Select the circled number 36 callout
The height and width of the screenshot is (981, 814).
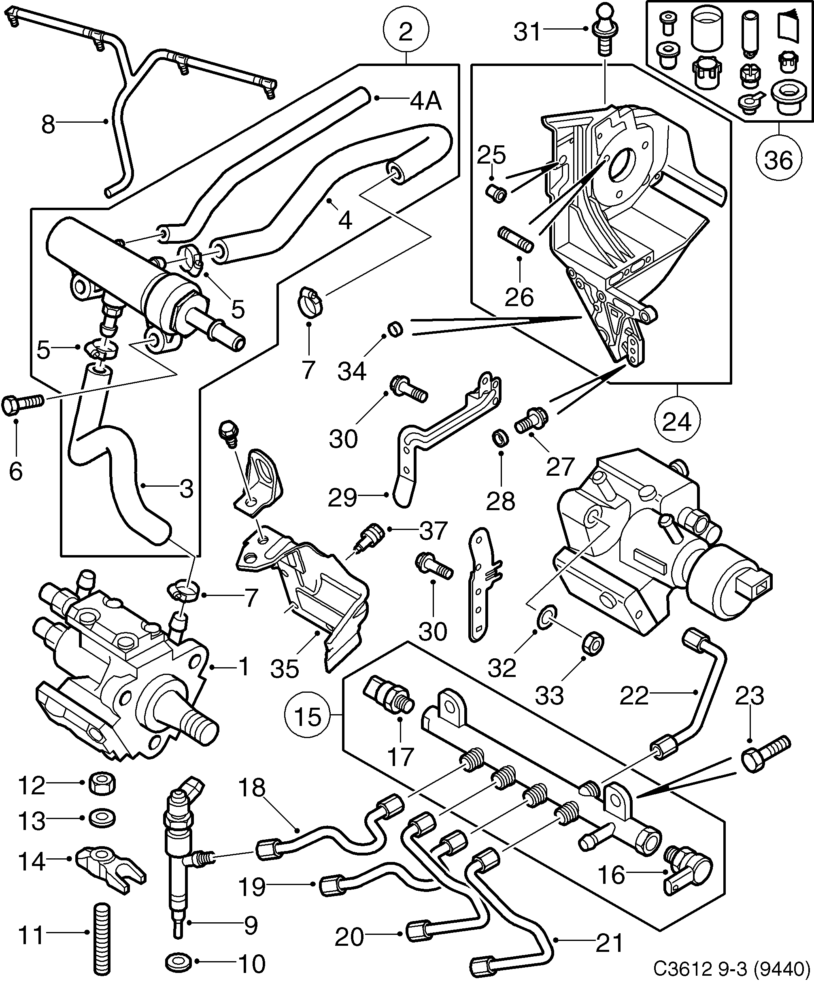click(x=778, y=160)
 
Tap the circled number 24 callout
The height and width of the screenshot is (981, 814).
click(x=677, y=422)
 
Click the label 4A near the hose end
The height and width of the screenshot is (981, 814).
click(x=425, y=100)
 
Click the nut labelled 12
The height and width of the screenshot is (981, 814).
click(x=102, y=783)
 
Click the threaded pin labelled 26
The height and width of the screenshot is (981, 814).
click(x=516, y=239)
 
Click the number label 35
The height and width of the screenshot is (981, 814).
click(x=285, y=669)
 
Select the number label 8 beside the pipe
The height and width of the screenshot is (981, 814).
click(x=48, y=125)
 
